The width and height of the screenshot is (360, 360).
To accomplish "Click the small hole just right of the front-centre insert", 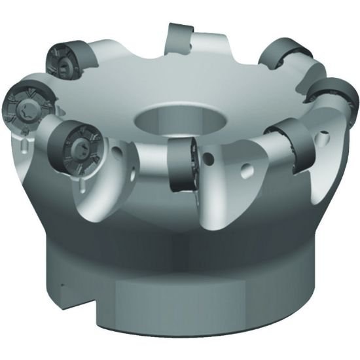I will pyautogui.click(x=211, y=158).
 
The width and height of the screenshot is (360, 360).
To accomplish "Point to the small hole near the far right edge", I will pyautogui.click(x=325, y=138).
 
